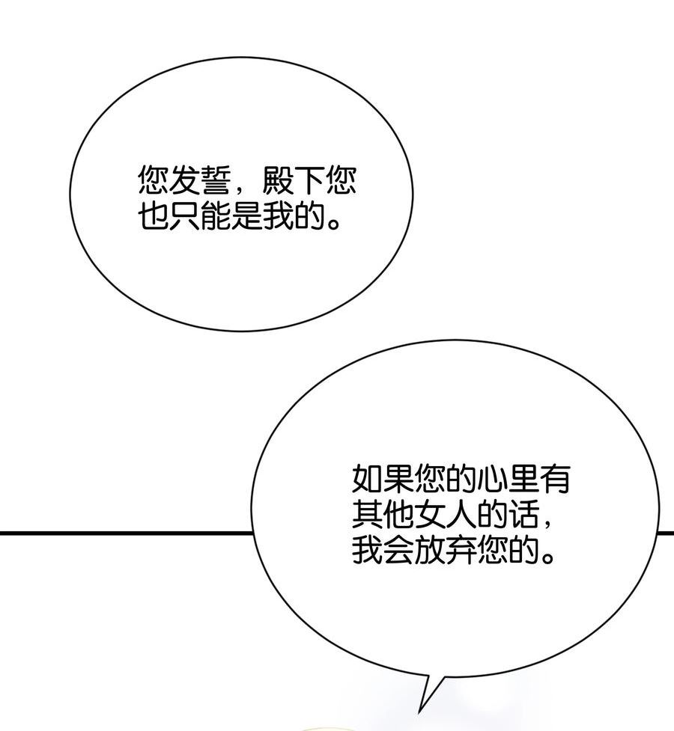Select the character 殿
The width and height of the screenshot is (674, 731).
click(278, 180)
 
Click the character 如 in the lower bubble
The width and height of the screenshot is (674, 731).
click(367, 478)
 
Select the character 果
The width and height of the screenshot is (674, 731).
click(398, 478)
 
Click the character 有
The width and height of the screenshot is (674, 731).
click(554, 478)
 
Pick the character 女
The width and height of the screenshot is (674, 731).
click(429, 514)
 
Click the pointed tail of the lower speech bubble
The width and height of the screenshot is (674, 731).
click(419, 712)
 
